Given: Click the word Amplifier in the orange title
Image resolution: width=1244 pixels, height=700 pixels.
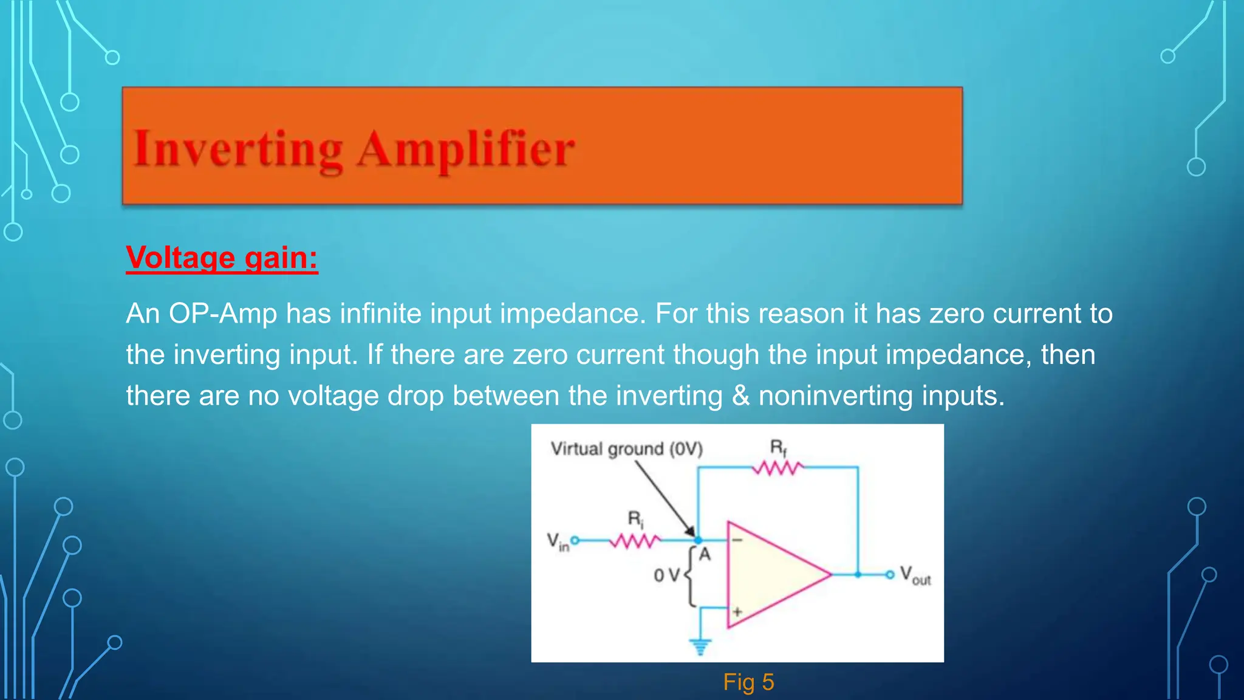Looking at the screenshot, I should coord(465,149).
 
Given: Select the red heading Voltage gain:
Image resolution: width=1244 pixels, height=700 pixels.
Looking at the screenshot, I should coord(222,258).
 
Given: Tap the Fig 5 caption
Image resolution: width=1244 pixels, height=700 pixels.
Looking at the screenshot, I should coord(748,682).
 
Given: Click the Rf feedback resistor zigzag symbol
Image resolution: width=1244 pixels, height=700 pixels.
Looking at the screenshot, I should coord(777,468).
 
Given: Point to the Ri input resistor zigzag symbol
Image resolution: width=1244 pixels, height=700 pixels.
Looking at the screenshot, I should coord(635,540).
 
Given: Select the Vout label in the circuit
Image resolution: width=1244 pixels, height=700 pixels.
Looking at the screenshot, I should coord(915,575).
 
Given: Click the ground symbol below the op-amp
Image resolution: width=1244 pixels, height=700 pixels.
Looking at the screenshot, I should coord(700,647).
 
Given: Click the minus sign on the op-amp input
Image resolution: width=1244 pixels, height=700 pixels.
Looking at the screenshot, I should coord(737,540).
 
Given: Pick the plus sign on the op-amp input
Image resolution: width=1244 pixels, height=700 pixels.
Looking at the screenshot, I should coord(737,611).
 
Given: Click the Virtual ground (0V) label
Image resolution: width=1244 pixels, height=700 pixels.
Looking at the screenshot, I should coord(626,449).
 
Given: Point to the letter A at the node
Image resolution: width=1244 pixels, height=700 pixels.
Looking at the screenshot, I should coord(705,554).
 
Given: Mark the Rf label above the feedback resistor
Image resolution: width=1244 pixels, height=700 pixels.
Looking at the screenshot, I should coord(778,448).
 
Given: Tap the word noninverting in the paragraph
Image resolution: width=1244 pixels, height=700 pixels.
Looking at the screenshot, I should coord(836,396).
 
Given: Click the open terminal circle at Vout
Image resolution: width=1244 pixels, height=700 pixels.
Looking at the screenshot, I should coord(889,574).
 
